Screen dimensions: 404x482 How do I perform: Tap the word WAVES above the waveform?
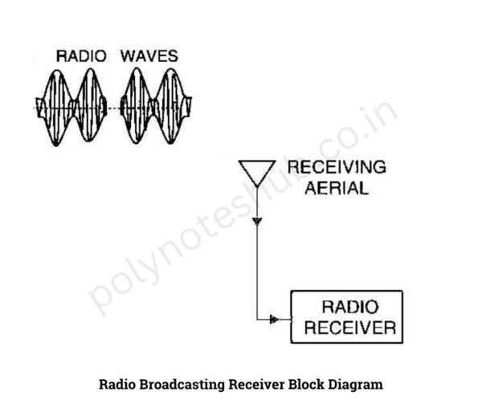pos(149,56)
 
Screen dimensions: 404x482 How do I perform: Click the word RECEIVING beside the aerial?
pos(337,167)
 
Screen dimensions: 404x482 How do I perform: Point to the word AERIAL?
pos(337,189)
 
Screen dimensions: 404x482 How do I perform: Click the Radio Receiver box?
pos(346,317)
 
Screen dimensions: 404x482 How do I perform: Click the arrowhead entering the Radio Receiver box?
pos(274,320)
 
